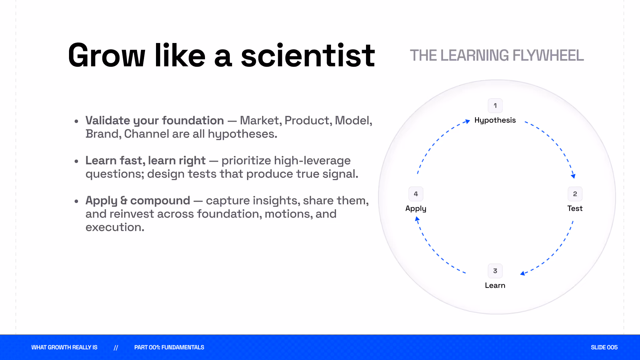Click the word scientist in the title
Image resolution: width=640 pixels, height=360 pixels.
308,56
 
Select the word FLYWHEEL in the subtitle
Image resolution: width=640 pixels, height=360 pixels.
548,56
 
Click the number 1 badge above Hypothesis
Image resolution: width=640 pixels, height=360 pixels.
495,106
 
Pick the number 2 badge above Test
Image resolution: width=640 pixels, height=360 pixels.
575,194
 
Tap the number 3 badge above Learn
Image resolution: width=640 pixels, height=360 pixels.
495,271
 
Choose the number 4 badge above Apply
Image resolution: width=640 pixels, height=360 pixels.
416,194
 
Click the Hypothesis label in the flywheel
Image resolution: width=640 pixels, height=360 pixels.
495,120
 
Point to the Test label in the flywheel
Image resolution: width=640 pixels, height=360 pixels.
575,209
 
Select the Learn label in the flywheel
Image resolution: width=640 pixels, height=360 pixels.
495,286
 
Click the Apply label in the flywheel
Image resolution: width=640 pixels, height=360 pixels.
416,209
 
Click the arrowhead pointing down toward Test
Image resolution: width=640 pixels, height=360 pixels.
573,176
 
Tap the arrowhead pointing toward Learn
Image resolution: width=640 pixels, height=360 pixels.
522,274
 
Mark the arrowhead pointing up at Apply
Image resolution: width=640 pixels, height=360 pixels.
417,219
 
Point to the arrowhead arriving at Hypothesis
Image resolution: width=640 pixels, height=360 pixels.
468,121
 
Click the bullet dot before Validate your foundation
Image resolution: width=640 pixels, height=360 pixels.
76,121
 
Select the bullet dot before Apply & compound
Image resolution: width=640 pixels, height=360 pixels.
76,201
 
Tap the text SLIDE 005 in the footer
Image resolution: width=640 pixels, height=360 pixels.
604,347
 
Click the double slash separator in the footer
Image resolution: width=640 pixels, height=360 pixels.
116,348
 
